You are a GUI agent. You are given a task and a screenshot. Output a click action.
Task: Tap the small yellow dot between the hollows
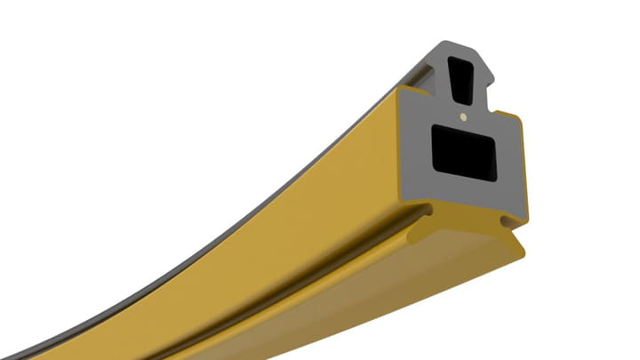(x=463, y=116)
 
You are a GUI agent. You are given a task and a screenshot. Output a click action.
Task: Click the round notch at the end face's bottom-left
(x=430, y=211)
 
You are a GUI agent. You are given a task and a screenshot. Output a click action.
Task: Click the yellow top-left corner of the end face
(x=402, y=92)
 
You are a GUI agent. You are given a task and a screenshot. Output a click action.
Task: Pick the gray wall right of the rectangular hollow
(x=511, y=160)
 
